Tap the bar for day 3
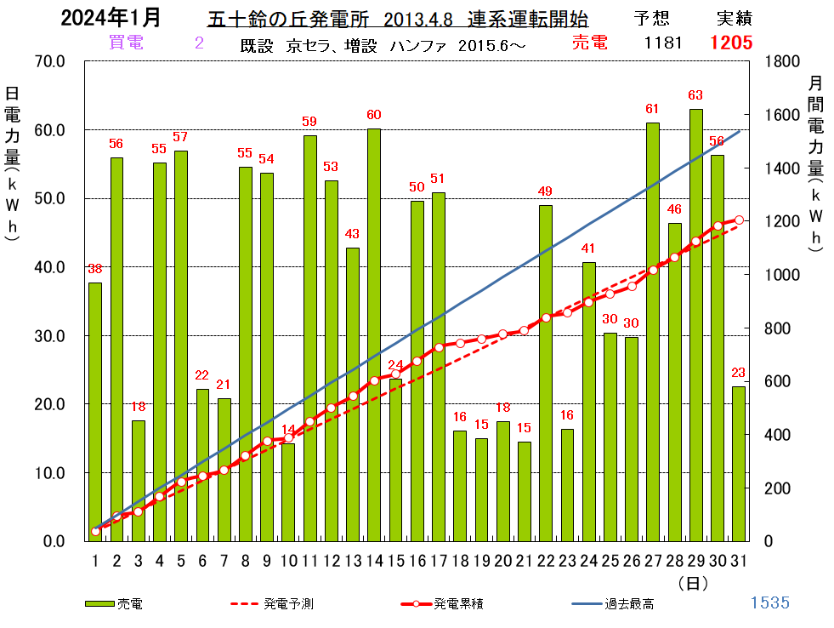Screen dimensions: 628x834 [x=138, y=481]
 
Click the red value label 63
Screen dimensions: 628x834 [x=695, y=95]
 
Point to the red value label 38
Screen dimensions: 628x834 [x=95, y=269]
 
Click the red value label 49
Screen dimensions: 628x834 [x=546, y=191]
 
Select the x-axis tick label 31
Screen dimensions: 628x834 [x=739, y=559]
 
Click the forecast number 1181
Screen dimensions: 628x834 [x=663, y=43]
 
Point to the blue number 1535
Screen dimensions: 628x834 [x=769, y=603]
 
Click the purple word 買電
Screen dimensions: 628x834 [x=126, y=43]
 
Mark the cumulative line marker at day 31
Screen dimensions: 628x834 [x=739, y=220]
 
